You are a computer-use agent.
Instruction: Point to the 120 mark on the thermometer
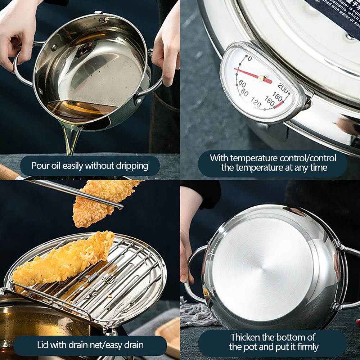click(256, 103)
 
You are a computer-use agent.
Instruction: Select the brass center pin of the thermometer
click(262, 78)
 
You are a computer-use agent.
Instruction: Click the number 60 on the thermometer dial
click(242, 84)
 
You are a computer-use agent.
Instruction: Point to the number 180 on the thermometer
click(277, 96)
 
